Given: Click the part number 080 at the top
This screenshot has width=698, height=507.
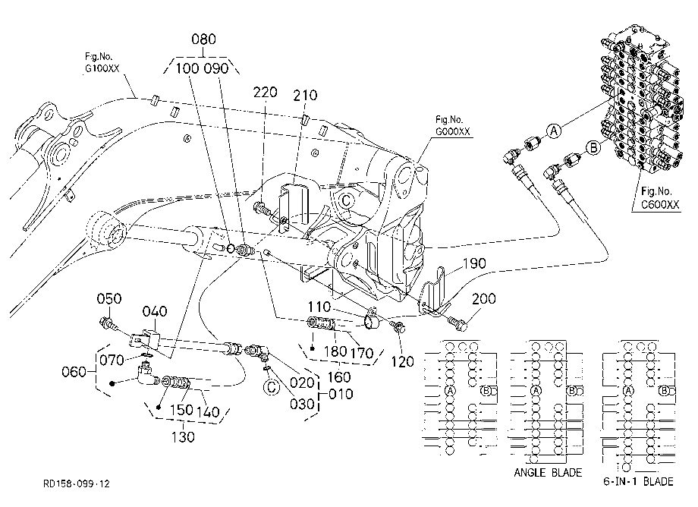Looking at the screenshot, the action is click(x=203, y=39).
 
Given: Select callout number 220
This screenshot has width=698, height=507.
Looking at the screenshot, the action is click(x=266, y=92).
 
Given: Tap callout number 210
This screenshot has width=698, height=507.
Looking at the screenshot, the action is click(x=305, y=96).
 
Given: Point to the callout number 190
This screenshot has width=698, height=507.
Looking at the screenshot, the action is click(x=474, y=263).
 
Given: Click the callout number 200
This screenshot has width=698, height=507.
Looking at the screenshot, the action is click(x=484, y=299).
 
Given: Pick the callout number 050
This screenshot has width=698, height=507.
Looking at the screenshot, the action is click(x=109, y=298).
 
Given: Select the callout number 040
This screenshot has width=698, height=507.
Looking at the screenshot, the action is click(x=155, y=311).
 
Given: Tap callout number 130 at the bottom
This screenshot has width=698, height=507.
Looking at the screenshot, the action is click(x=183, y=437).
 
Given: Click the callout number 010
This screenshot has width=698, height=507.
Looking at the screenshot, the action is click(x=341, y=394).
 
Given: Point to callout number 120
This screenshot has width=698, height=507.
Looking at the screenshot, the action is click(x=402, y=361).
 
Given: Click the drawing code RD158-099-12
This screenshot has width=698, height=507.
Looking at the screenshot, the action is click(x=76, y=483).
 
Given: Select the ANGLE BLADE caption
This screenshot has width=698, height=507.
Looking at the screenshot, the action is click(x=548, y=472).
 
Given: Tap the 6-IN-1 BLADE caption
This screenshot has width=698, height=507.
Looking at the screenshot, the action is click(x=638, y=481).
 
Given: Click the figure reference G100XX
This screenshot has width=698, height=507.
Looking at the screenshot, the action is click(x=102, y=68).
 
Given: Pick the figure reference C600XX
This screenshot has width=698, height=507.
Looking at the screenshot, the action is click(x=660, y=204).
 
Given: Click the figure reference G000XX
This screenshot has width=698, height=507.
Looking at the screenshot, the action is click(x=452, y=131).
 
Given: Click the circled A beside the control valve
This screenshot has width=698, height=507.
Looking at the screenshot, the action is click(x=554, y=131).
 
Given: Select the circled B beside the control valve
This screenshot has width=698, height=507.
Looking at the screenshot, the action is click(x=593, y=147).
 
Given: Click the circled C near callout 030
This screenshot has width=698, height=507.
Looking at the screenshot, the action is click(x=271, y=387).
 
